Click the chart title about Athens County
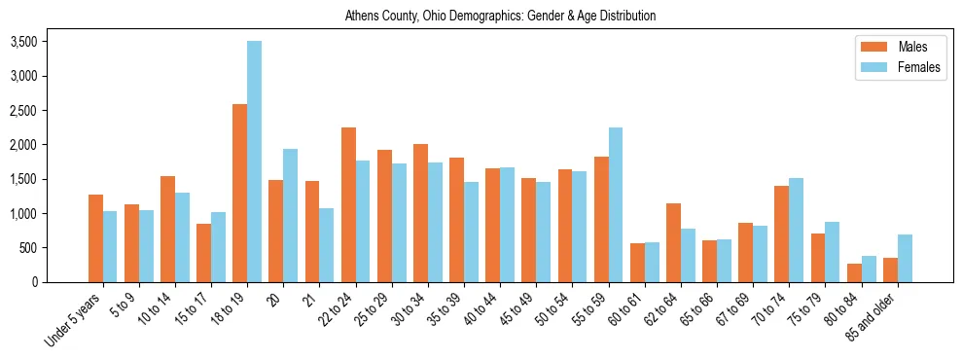pyautogui.click(x=500, y=16)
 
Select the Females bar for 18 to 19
pyautogui.click(x=254, y=162)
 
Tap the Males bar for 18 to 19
pyautogui.click(x=239, y=193)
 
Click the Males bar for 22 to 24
pyautogui.click(x=348, y=204)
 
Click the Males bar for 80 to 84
pyautogui.click(x=854, y=272)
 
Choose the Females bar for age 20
pyautogui.click(x=290, y=215)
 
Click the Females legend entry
pyautogui.click(x=899, y=67)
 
